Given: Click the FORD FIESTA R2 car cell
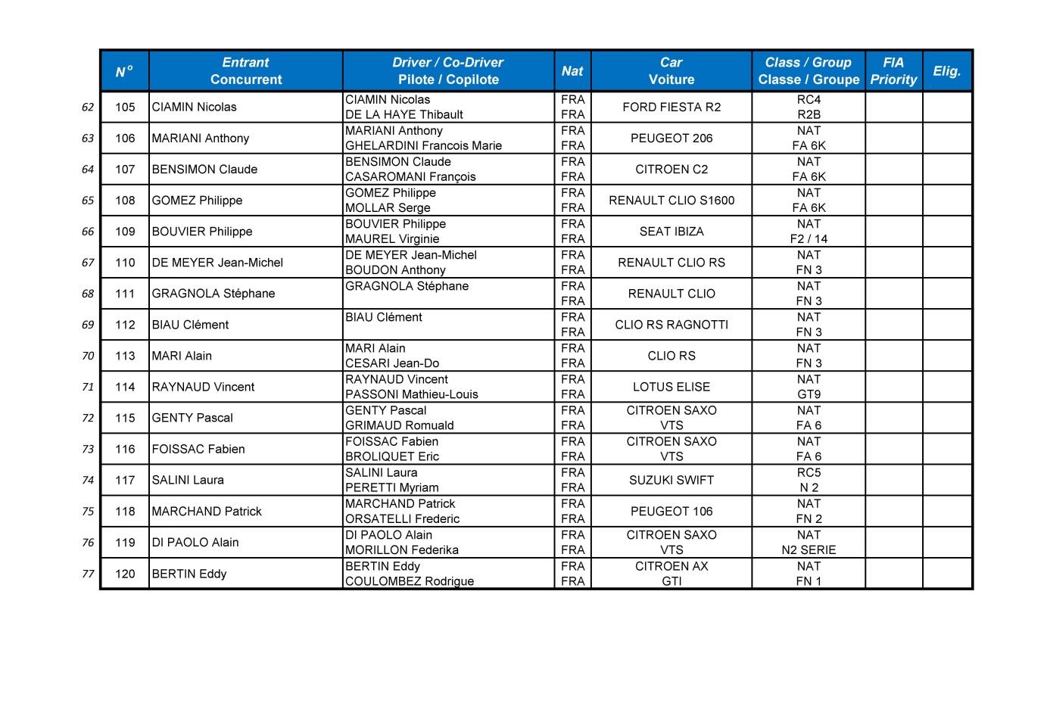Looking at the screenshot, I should tap(671, 107).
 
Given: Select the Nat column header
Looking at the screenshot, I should tap(572, 71).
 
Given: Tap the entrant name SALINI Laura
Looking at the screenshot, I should tap(188, 480).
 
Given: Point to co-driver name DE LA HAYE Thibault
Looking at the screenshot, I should tap(404, 115).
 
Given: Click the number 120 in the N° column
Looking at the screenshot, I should tap(125, 574).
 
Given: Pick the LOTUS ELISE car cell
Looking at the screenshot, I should tap(671, 387).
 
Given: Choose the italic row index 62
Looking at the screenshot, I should tap(88, 107).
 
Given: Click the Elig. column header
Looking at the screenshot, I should tap(946, 71).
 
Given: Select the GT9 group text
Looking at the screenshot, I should tap(809, 394).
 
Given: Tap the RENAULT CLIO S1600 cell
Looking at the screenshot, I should tap(671, 201).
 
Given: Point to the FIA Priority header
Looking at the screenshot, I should tap(893, 71).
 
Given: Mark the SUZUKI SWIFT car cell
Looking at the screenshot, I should tap(671, 480).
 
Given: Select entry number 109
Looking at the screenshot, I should tap(125, 232).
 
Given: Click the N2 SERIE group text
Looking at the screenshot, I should tap(809, 550).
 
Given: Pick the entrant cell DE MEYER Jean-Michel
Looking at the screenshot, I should tap(217, 263).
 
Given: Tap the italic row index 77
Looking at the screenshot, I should tap(88, 574).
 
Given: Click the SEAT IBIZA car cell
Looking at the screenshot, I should tap(671, 232).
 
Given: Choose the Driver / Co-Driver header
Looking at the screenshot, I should tap(448, 71).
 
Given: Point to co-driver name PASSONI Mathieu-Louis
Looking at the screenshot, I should tap(412, 394).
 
